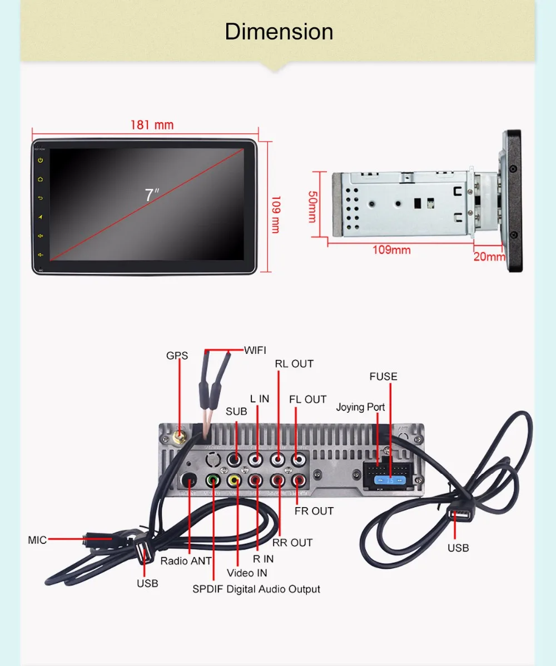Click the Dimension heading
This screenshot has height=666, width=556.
[279, 32]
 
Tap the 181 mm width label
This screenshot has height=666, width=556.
[152, 125]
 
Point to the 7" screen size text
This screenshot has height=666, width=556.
[151, 195]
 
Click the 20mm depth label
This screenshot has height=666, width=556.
[489, 257]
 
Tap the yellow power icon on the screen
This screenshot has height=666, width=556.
[41, 161]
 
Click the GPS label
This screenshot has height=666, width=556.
[177, 355]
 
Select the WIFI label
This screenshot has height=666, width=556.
[255, 350]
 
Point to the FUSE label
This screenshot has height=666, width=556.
[384, 377]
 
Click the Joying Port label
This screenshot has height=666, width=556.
[360, 407]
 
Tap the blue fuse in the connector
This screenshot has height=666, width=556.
[390, 480]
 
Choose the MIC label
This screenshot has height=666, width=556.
[37, 540]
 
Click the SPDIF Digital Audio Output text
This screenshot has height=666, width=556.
[256, 589]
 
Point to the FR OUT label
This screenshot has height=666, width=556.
[314, 511]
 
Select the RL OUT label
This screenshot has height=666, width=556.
[294, 364]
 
